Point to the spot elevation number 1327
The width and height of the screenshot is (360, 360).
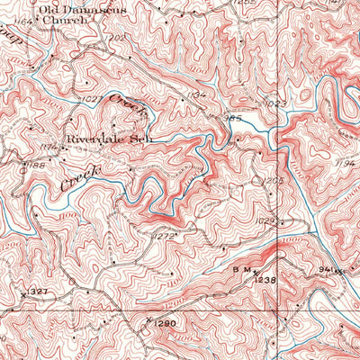pos(36,292)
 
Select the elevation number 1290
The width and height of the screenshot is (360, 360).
pos(160,320)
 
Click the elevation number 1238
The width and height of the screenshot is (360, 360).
pos(263,281)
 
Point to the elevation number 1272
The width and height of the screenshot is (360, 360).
pos(163,236)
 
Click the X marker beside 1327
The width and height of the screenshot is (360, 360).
pos(22,293)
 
